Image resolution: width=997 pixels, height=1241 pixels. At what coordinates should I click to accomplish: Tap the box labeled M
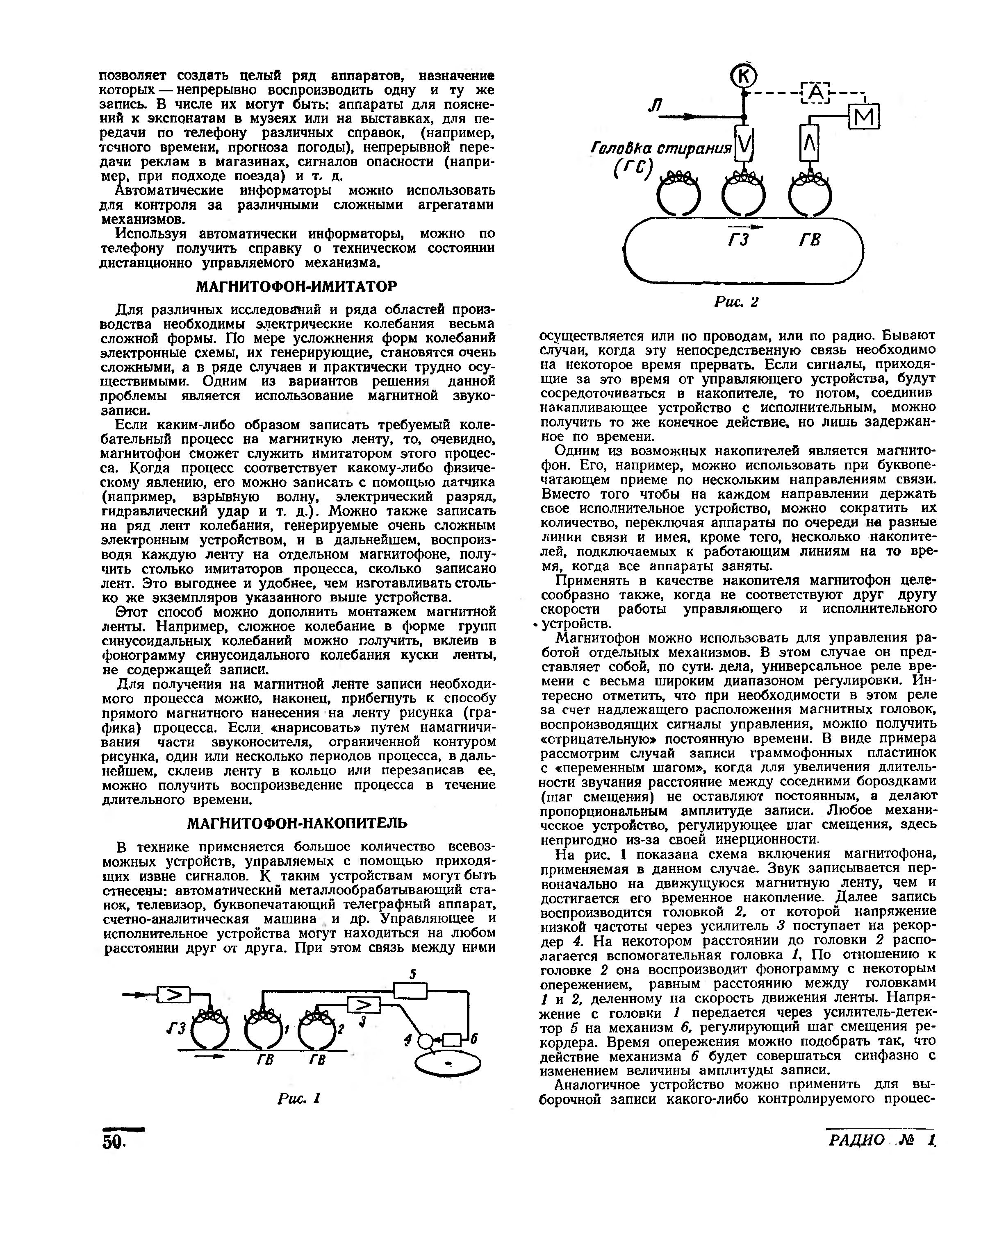pos(864,118)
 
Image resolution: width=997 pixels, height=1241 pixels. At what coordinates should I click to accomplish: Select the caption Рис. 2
pos(736,302)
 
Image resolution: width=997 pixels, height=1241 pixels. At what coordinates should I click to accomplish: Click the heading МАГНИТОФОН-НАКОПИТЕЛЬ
pos(297,824)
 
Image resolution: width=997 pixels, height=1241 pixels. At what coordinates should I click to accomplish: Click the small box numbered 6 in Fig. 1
pos(453,1040)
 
